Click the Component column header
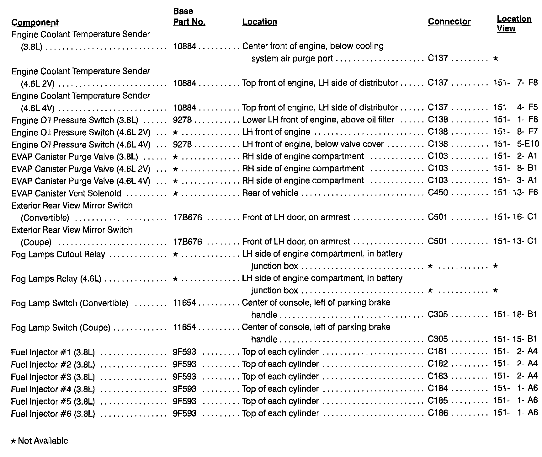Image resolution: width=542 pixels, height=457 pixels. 35,23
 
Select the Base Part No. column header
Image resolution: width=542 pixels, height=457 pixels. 189,17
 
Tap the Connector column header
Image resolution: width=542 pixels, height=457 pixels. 449,22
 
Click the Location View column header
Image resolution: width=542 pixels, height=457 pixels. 514,24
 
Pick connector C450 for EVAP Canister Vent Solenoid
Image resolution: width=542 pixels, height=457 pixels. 438,192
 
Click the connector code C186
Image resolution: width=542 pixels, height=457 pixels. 438,413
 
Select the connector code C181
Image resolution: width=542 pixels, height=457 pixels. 438,352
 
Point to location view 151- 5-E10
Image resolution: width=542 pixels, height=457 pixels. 515,144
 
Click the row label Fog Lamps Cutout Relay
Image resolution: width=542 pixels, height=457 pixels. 58,254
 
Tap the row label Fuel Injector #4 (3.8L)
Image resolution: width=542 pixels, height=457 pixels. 53,389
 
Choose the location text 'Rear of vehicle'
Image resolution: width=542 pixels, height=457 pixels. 270,193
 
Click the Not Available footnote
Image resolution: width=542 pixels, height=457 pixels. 40,441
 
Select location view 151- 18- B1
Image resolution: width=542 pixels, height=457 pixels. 515,315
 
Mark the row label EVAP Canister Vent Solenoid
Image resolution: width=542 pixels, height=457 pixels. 66,193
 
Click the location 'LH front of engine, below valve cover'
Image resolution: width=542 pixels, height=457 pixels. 313,144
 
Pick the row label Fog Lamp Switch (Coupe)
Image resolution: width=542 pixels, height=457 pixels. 61,328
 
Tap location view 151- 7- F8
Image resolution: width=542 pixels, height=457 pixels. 515,83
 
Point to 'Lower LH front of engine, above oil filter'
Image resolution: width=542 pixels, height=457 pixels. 318,120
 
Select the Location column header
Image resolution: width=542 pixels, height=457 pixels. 259,22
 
